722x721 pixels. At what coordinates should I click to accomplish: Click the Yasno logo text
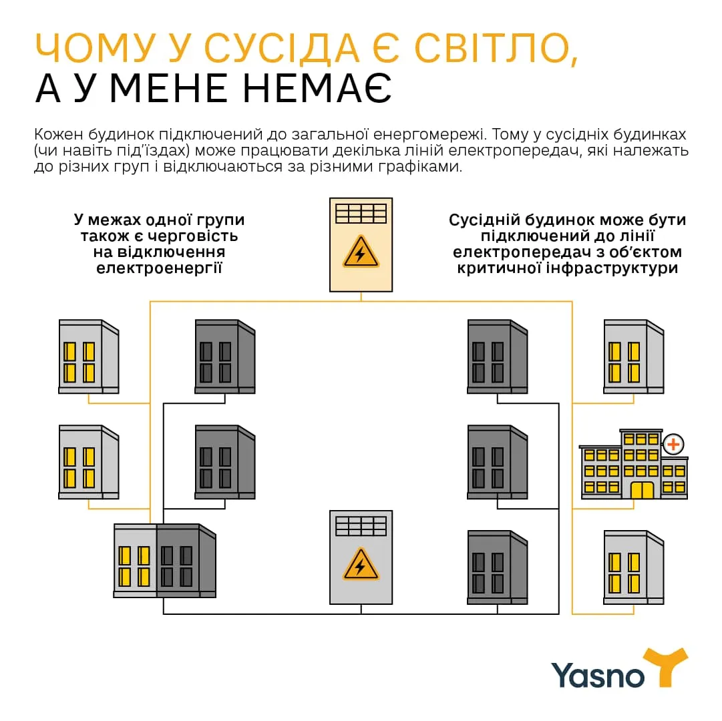coord(598,674)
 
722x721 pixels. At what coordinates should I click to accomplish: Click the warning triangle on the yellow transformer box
coord(361,252)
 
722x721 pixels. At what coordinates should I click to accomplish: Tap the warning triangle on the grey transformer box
coord(361,565)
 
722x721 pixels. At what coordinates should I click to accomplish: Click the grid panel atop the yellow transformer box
coord(361,213)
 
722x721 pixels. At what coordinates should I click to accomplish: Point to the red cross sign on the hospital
coord(673,443)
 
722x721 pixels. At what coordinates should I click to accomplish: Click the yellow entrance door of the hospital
coord(642,490)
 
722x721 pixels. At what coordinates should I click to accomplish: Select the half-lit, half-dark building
coord(164,560)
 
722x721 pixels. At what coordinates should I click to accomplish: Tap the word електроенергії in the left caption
coord(159,268)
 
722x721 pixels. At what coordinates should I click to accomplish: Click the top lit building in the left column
coord(88,356)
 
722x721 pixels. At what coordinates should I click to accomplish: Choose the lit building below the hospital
coord(633,567)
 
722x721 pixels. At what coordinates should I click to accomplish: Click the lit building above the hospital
coord(633,356)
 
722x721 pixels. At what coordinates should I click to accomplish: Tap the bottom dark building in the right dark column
coord(497,567)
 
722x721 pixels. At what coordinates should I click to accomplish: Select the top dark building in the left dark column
coord(224,356)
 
